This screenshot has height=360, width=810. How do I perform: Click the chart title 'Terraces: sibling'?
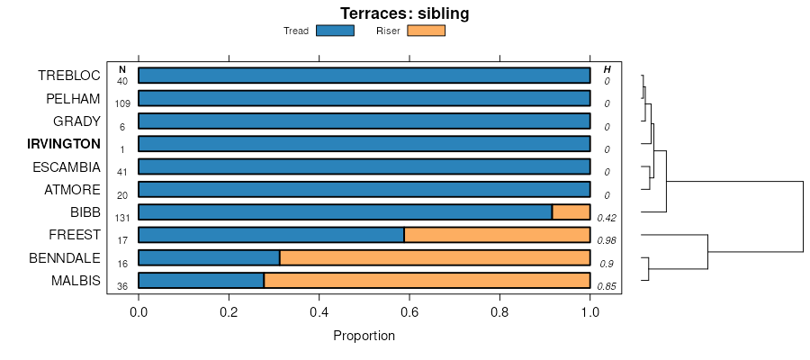pos(404,13)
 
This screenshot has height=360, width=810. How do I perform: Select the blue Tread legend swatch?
pos(335,31)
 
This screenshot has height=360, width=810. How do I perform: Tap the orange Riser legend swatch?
pos(427,31)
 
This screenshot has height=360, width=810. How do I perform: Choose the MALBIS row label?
pos(76,281)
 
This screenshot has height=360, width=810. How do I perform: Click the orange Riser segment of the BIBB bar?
pos(571,212)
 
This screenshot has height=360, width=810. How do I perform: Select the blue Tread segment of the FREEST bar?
pos(271,235)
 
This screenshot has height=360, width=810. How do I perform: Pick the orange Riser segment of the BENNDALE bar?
pos(435,257)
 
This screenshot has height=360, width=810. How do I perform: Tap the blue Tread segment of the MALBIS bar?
pos(201,281)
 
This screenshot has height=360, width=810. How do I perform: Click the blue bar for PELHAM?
pos(364,98)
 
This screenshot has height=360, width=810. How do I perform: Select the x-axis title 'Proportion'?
pos(364,337)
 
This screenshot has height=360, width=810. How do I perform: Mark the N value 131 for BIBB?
pos(122,218)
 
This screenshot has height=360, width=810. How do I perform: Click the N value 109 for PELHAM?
pos(122,103)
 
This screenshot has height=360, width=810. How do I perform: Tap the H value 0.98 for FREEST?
pos(606,240)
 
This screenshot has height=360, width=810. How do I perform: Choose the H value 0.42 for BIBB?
pos(606,218)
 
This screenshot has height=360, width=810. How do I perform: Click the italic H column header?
pos(607,69)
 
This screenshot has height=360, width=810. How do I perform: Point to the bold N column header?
pos(122,69)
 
